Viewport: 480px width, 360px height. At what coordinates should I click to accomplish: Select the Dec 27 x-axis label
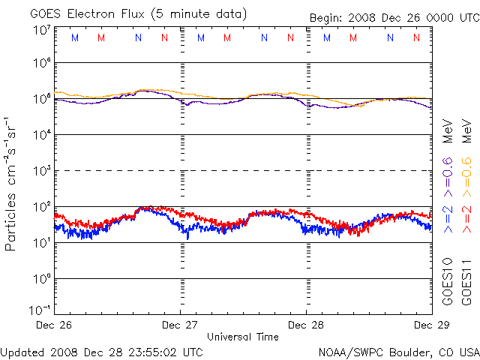180,325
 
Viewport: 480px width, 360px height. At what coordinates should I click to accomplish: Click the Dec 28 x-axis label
306,325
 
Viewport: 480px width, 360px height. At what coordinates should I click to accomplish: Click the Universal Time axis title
243,337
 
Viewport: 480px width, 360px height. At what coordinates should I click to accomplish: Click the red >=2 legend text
466,218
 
